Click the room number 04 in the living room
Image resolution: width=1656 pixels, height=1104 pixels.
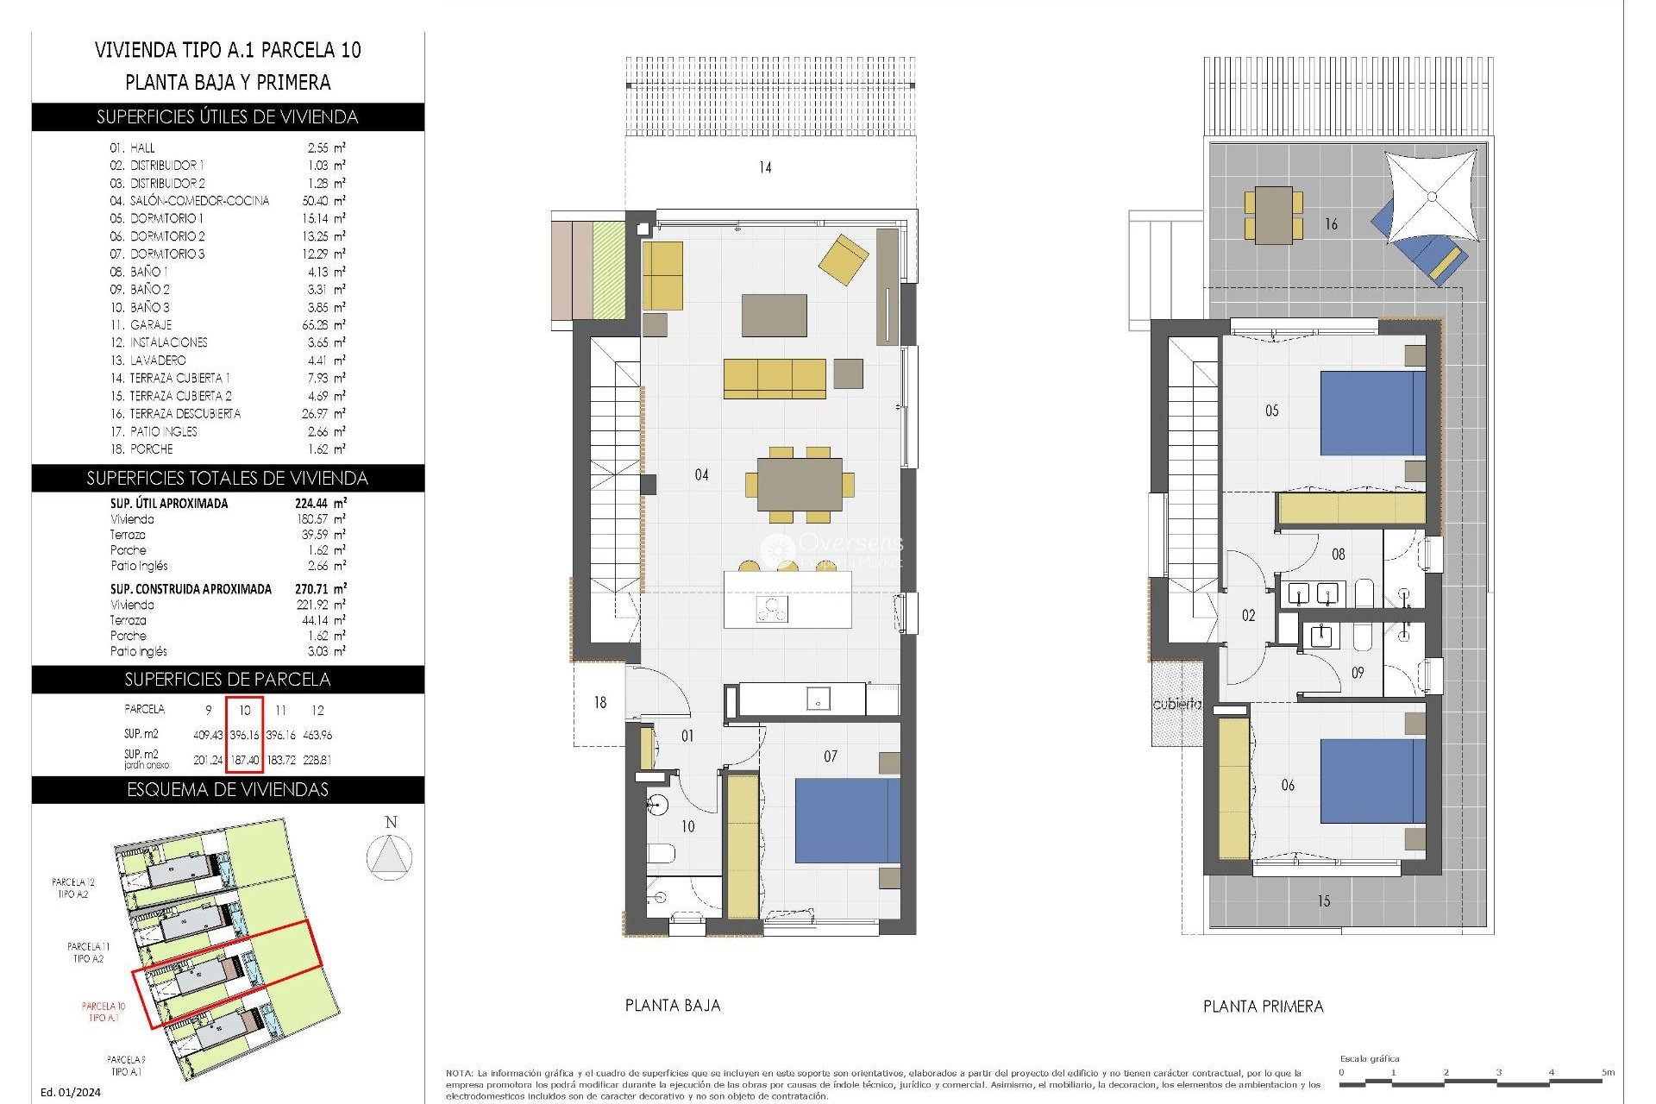pos(701,474)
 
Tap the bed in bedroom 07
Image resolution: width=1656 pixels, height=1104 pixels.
pos(847,820)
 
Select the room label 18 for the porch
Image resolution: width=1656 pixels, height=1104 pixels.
pos(600,703)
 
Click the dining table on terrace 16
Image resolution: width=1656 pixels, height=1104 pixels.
pos(1273,215)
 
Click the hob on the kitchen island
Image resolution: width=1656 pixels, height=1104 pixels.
pos(772,609)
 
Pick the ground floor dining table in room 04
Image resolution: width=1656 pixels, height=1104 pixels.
pos(800,485)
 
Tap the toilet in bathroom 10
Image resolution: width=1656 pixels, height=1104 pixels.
pos(661,854)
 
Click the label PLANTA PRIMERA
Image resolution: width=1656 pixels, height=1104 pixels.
pos(1263,1007)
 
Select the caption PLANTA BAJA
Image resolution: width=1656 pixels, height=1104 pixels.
pos(673,1006)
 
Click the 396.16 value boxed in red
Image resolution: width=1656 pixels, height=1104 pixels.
pos(245,735)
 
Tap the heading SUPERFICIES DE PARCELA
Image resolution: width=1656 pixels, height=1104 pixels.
pos(228,680)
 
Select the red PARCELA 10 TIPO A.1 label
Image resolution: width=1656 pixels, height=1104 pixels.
pos(103,1012)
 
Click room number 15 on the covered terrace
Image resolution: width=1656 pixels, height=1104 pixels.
pos(1324,901)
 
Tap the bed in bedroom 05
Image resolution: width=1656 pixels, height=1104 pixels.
pos(1372,413)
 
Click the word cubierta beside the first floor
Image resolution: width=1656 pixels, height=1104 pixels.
pos(1176,704)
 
